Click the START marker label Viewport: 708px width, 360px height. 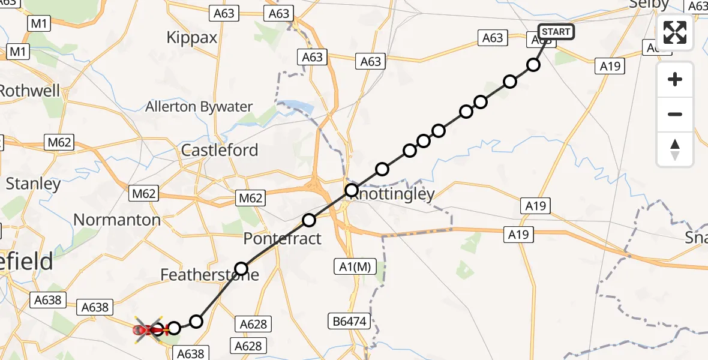(x=556, y=32)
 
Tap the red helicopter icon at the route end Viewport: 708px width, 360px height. (x=148, y=329)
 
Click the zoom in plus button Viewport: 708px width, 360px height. (x=675, y=80)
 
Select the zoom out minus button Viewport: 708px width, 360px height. (x=675, y=114)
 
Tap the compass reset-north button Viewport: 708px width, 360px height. (x=675, y=149)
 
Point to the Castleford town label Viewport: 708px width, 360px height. (x=220, y=150)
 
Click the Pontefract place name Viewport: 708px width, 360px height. (x=282, y=239)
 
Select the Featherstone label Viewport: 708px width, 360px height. (x=209, y=275)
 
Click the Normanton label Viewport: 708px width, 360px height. (x=117, y=220)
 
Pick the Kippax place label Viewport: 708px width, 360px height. (x=191, y=37)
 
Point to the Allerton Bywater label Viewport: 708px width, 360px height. (x=199, y=107)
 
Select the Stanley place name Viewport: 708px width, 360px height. (x=33, y=184)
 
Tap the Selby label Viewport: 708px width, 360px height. (x=649, y=5)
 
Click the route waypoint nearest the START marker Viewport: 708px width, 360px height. (x=533, y=65)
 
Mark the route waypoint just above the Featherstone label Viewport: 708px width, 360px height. (x=241, y=268)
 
